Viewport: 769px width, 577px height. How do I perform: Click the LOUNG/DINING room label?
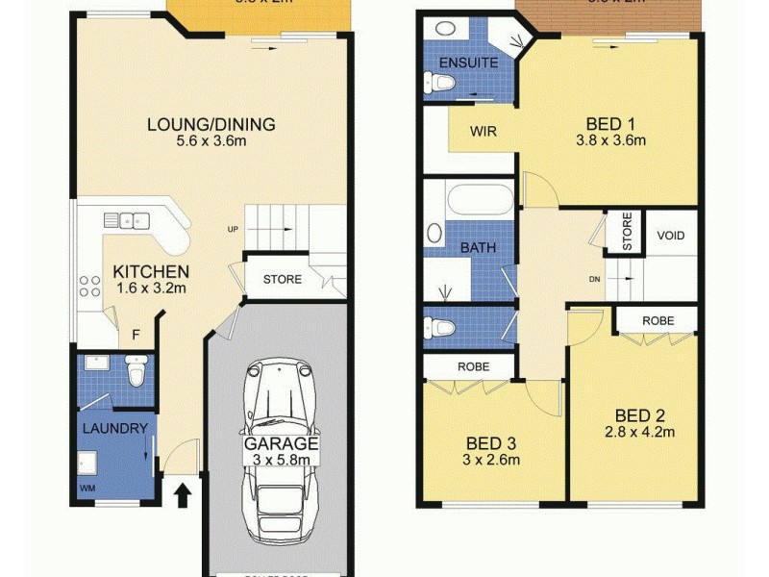(211, 124)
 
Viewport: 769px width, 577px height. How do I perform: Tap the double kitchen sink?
(128, 220)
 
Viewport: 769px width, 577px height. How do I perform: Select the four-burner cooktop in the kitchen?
(90, 286)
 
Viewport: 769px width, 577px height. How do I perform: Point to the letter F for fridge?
(136, 336)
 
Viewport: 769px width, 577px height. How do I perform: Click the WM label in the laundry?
(88, 488)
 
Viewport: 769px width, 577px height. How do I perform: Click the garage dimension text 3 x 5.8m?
(280, 461)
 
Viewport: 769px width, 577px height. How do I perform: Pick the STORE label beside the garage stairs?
(282, 280)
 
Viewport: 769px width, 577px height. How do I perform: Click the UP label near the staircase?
(233, 230)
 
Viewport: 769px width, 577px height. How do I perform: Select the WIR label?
(483, 132)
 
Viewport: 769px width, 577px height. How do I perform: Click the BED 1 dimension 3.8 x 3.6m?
(615, 140)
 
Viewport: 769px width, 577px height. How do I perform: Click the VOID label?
(670, 236)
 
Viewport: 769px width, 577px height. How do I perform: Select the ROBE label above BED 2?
(658, 320)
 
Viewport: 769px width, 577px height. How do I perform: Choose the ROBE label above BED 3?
(473, 366)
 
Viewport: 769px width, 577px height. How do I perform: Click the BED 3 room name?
(490, 443)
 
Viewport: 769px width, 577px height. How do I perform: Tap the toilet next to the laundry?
(135, 370)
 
